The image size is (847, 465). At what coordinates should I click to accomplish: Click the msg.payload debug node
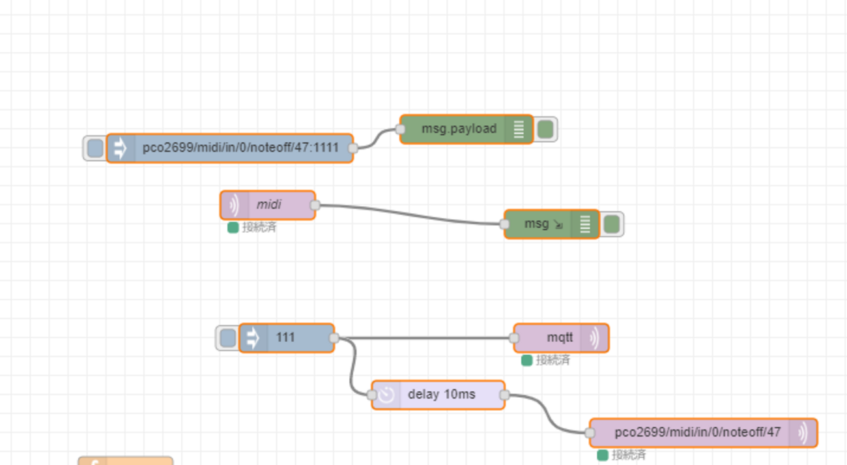(x=459, y=129)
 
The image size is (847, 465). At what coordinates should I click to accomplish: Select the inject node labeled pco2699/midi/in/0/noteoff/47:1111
(x=240, y=148)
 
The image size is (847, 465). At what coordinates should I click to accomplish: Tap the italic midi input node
(x=268, y=205)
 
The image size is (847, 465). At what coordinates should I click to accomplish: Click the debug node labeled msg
(x=537, y=224)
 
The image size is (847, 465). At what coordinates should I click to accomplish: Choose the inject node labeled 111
(x=286, y=338)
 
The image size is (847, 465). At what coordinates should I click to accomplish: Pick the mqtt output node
(x=560, y=338)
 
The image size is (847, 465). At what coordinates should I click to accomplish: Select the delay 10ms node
(x=441, y=395)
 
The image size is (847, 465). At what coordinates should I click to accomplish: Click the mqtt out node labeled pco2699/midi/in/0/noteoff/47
(x=697, y=432)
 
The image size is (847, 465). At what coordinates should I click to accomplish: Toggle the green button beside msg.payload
(x=545, y=130)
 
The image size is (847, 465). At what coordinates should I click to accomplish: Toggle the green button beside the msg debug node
(x=612, y=224)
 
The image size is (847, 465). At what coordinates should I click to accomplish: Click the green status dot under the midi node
(x=233, y=228)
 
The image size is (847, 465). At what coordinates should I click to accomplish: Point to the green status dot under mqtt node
(x=526, y=360)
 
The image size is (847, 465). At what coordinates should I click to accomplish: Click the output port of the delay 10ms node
(x=504, y=395)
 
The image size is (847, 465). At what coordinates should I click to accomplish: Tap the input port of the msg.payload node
(x=400, y=129)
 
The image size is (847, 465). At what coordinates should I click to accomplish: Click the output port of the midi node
(x=315, y=205)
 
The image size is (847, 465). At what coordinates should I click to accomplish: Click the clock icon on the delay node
(x=386, y=395)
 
